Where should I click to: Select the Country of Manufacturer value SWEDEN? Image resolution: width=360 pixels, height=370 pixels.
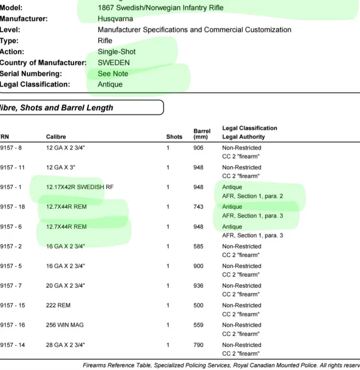pyautogui.click(x=114, y=62)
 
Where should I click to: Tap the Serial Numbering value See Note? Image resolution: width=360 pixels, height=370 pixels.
pyautogui.click(x=113, y=73)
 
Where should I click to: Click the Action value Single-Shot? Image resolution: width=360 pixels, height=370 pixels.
pyautogui.click(x=116, y=52)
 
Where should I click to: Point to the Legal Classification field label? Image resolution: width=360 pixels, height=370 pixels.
pyautogui.click(x=35, y=84)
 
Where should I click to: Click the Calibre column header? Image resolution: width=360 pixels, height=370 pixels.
pyautogui.click(x=57, y=136)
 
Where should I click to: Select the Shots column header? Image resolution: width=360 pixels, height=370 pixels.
pyautogui.click(x=175, y=136)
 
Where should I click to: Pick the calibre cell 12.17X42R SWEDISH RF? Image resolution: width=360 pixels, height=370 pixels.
pyautogui.click(x=80, y=187)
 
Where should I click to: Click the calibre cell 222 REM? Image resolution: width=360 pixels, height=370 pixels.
pyautogui.click(x=59, y=305)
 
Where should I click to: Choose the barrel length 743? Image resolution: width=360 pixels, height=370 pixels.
pyautogui.click(x=199, y=207)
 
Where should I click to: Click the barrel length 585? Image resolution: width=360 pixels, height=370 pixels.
pyautogui.click(x=199, y=246)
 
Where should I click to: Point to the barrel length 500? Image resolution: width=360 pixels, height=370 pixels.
pyautogui.click(x=199, y=305)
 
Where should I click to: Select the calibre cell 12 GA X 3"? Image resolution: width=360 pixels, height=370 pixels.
pyautogui.click(x=63, y=167)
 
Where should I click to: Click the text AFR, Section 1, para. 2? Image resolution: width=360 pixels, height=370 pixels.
pyautogui.click(x=252, y=196)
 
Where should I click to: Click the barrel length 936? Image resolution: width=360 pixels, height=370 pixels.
pyautogui.click(x=199, y=286)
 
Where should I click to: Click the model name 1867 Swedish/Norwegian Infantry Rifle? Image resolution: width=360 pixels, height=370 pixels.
pyautogui.click(x=161, y=8)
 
